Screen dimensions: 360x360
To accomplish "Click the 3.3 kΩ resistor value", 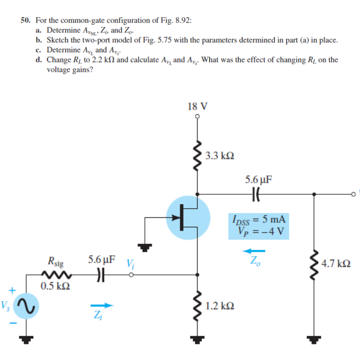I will click(x=219, y=157).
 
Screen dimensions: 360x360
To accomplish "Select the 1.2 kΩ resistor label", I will click(x=219, y=306).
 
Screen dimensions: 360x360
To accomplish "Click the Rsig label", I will click(x=55, y=261).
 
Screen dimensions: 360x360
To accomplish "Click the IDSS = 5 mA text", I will click(x=257, y=220).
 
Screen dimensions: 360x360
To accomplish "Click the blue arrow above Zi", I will click(x=103, y=306).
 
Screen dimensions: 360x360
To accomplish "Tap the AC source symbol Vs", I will click(x=25, y=306).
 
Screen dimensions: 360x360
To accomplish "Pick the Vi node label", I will click(x=130, y=264).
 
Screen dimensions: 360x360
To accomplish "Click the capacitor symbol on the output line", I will click(x=258, y=194).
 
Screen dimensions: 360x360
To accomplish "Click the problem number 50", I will click(x=26, y=20).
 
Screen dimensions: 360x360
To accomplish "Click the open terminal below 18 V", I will click(x=197, y=116).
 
